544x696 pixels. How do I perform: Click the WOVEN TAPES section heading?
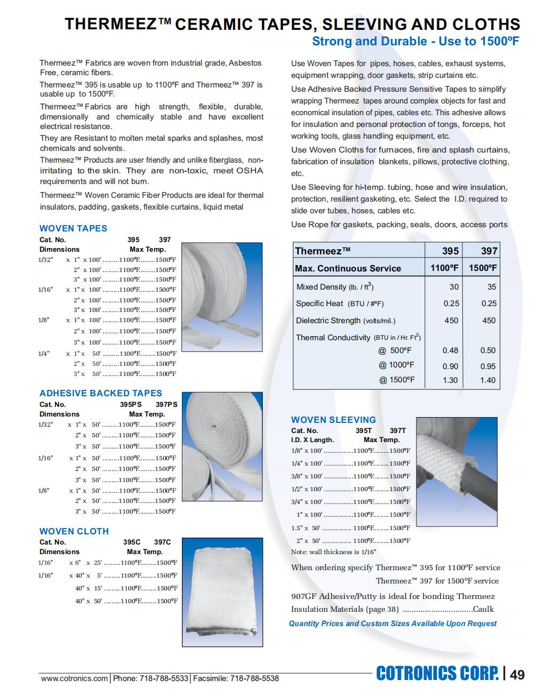pyautogui.click(x=73, y=228)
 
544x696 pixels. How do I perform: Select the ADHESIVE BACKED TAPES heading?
pyautogui.click(x=100, y=394)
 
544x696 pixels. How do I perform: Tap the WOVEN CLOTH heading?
pyautogui.click(x=74, y=531)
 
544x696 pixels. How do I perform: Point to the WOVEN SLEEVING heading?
pyautogui.click(x=333, y=420)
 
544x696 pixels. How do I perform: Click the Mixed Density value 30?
pyautogui.click(x=453, y=287)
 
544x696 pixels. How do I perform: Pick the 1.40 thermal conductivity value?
pyautogui.click(x=487, y=380)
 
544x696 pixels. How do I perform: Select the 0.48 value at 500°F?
pyautogui.click(x=450, y=350)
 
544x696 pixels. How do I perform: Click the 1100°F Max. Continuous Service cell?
pyautogui.click(x=444, y=268)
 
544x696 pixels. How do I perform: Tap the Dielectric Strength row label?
pyautogui.click(x=346, y=321)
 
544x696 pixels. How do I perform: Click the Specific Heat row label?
pyautogui.click(x=340, y=303)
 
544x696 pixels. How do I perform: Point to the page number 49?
pyautogui.click(x=517, y=675)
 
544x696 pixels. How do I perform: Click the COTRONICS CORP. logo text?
pyautogui.click(x=437, y=674)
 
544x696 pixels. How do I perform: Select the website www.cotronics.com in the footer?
pyautogui.click(x=74, y=678)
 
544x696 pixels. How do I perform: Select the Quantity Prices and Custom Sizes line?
pyautogui.click(x=393, y=623)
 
